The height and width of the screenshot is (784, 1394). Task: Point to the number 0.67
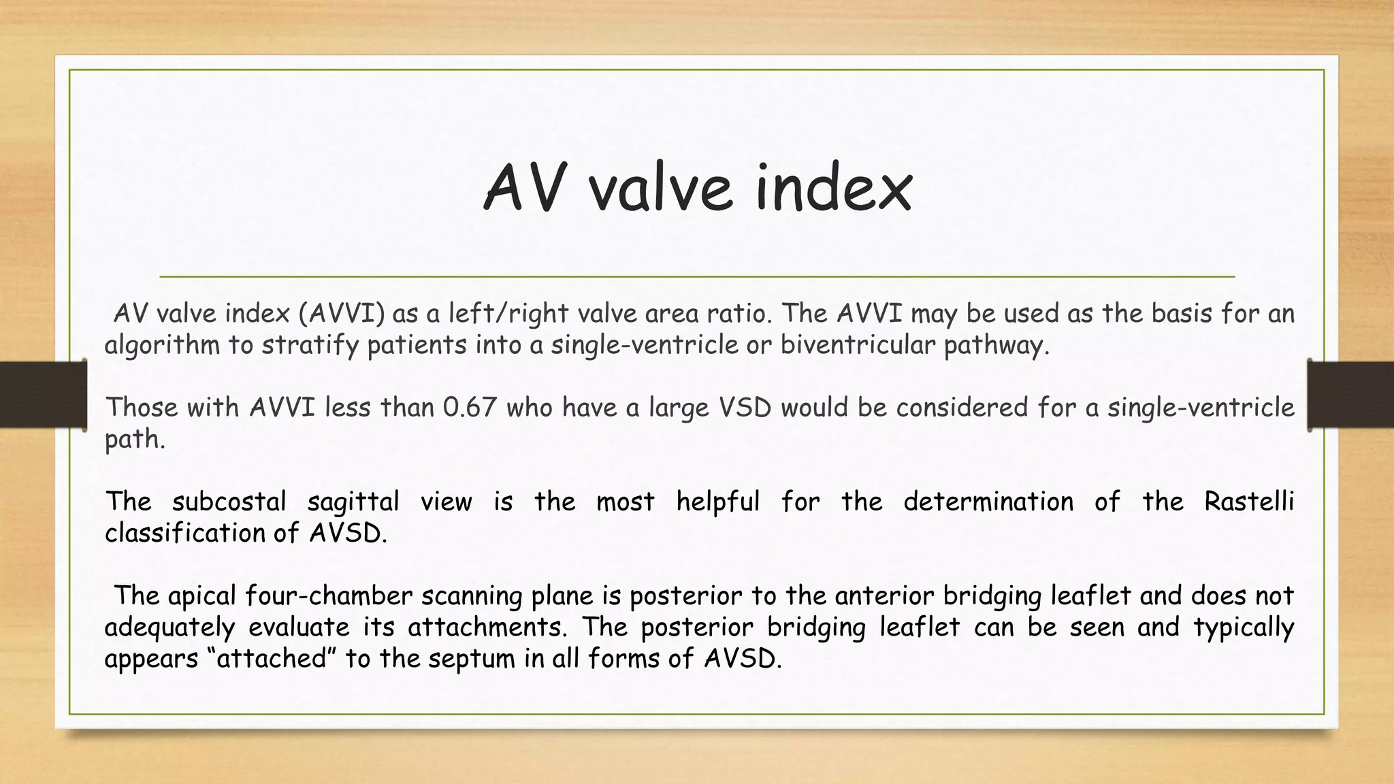tap(470, 407)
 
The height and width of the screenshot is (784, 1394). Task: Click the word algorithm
tap(162, 346)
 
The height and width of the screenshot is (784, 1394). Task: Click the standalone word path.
tap(134, 440)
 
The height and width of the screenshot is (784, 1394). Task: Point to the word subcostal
tap(229, 502)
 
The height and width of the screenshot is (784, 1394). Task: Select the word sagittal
tap(353, 502)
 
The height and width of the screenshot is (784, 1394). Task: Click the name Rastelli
tap(1248, 502)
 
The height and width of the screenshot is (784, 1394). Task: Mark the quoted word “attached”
tap(272, 659)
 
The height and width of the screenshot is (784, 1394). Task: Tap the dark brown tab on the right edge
tap(1350, 395)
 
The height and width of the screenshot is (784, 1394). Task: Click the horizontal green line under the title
tap(697, 277)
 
